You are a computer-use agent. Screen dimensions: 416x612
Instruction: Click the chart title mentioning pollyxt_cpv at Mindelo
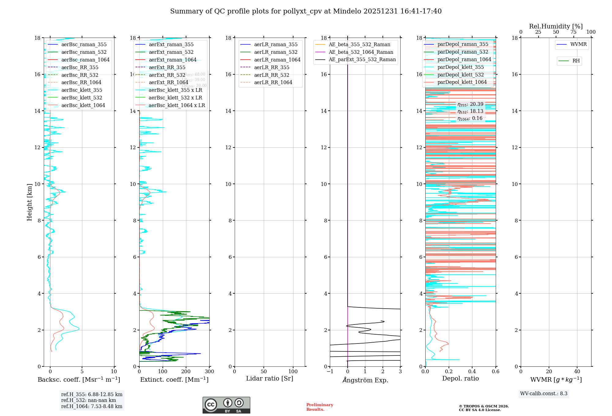(306, 11)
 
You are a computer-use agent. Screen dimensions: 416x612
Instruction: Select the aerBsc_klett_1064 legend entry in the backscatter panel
(83, 105)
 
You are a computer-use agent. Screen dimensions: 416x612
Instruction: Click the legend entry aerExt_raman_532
(171, 52)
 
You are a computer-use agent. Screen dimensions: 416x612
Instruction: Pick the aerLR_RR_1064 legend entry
(273, 82)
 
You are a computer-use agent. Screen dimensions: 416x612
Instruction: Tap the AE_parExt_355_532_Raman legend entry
(362, 59)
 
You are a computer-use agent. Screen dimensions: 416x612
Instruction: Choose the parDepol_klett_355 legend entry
(461, 67)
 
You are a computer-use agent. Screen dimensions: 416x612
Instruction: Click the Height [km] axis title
(29, 202)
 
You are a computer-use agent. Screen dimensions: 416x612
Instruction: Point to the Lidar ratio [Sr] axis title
(270, 378)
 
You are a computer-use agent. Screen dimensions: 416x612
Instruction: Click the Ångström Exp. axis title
(365, 380)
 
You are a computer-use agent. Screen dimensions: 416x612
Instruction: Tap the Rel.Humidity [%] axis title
(556, 26)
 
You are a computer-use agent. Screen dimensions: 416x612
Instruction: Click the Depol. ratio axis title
(460, 378)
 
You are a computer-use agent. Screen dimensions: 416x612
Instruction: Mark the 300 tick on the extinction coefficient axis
(209, 372)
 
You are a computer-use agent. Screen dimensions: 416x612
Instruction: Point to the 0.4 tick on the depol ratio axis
(472, 372)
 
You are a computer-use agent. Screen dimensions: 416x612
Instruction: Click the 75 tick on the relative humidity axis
(573, 32)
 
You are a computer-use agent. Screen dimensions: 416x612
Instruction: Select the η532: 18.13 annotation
(470, 111)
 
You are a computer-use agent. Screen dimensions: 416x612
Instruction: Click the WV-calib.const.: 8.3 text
(544, 393)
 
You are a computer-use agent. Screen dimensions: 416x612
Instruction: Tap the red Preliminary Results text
(319, 407)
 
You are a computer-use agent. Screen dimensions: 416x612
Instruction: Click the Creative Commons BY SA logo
(226, 405)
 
